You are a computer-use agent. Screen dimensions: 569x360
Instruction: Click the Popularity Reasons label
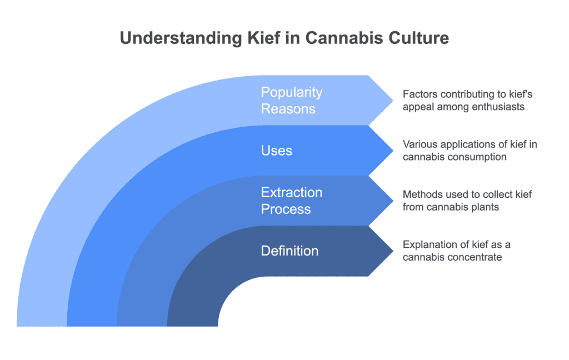pos(291,101)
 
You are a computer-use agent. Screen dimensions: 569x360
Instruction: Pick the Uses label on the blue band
pos(277,151)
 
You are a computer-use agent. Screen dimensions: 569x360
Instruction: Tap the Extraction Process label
pos(291,201)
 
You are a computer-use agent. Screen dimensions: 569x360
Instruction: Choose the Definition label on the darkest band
pos(290,251)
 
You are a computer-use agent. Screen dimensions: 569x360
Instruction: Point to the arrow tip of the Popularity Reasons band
pos(393,101)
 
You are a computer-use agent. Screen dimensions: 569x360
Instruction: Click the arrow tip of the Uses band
pos(393,151)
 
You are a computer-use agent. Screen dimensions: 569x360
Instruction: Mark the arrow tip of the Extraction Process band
pos(393,201)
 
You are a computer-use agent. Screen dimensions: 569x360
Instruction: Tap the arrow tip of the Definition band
pos(393,251)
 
